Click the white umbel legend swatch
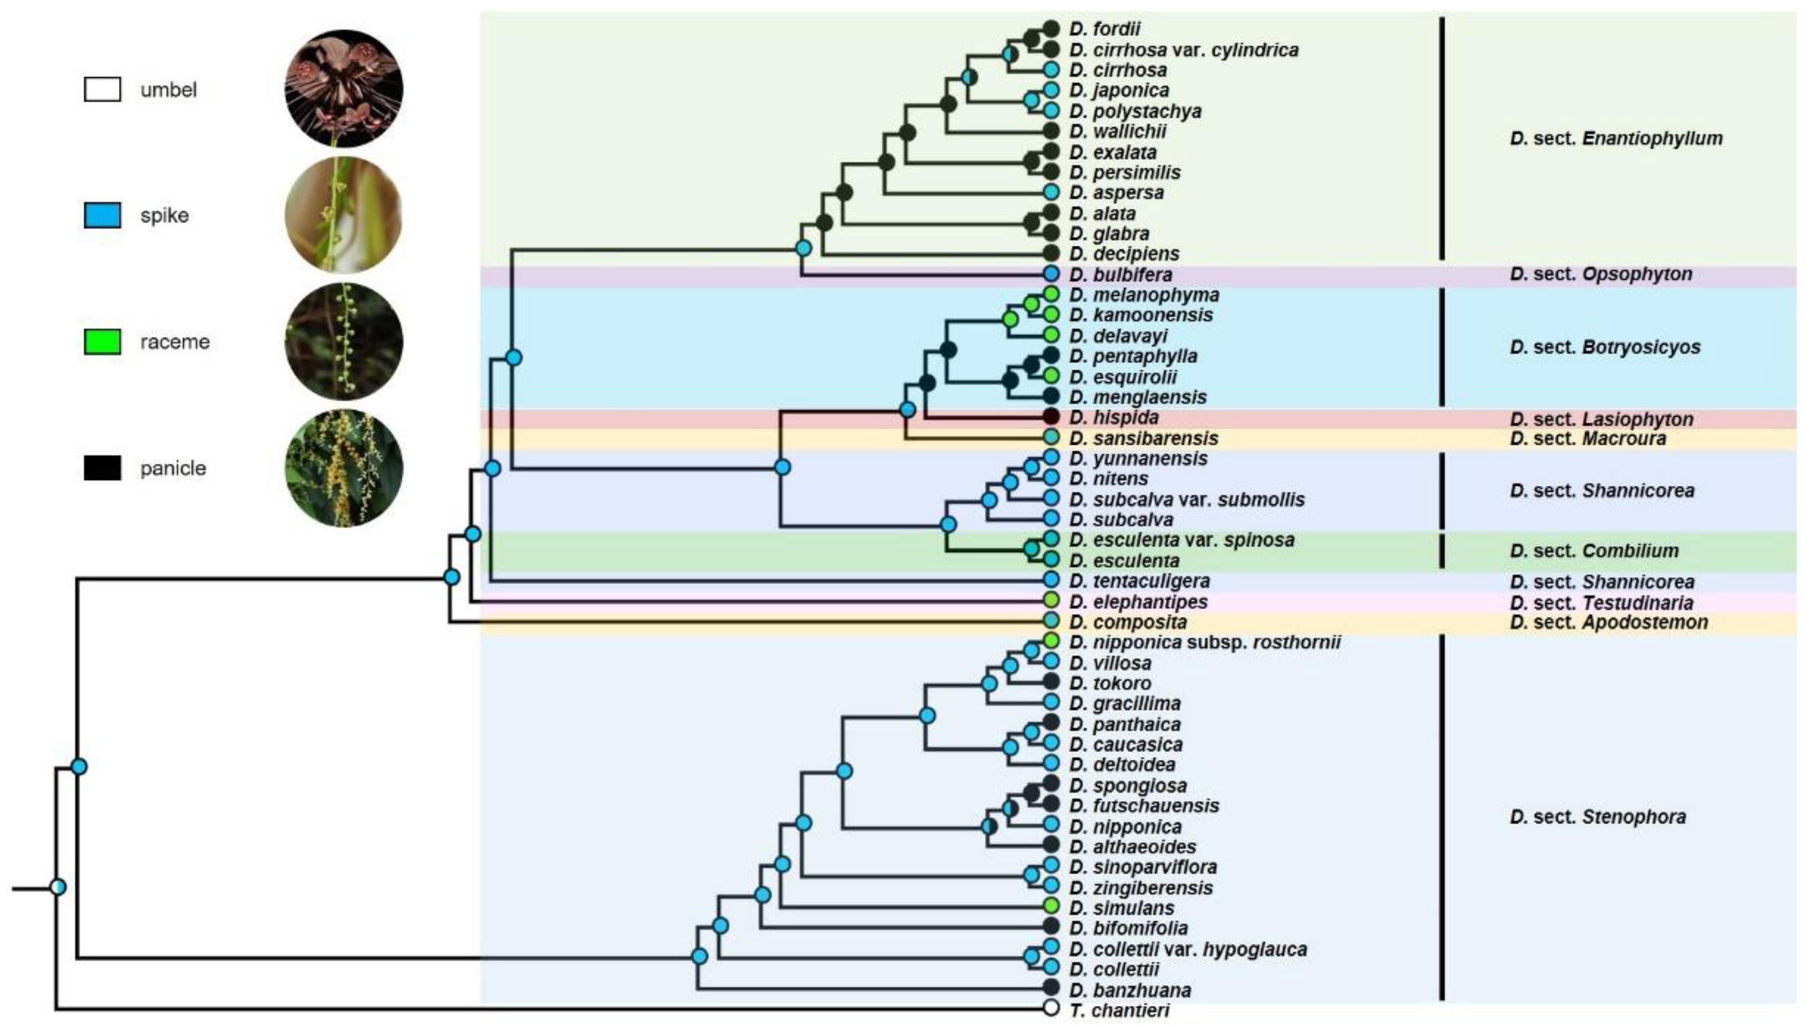[102, 90]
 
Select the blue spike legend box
[102, 215]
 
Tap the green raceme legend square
[102, 342]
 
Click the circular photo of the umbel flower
[344, 88]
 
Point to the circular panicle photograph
[344, 468]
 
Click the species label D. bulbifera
[1121, 274]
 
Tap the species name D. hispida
[1114, 417]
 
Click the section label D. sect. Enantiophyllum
[1616, 139]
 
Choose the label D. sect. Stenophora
[1597, 817]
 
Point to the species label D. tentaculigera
[1139, 581]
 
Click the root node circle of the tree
[59, 886]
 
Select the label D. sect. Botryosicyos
[1605, 347]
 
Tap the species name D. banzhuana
[1130, 990]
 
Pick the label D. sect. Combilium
[1594, 551]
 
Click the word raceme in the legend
[174, 342]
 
